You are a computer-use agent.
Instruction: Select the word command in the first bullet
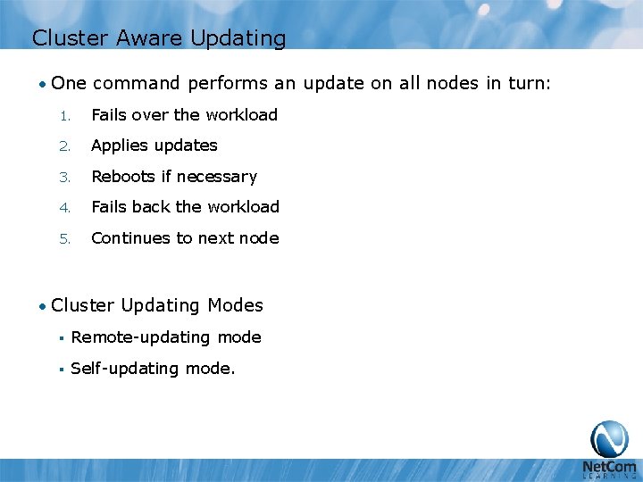pos(139,84)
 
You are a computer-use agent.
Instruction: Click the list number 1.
pos(63,115)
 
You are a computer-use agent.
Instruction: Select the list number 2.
pos(63,146)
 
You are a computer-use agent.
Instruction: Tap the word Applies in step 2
pos(120,145)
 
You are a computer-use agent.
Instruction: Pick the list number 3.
pos(63,178)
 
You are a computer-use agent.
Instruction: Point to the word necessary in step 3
pos(217,177)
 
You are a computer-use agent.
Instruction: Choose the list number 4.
pos(63,208)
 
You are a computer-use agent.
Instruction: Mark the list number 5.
pos(63,239)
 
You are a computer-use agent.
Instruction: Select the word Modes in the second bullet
pos(235,305)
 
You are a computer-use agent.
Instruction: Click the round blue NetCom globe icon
pos(609,438)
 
